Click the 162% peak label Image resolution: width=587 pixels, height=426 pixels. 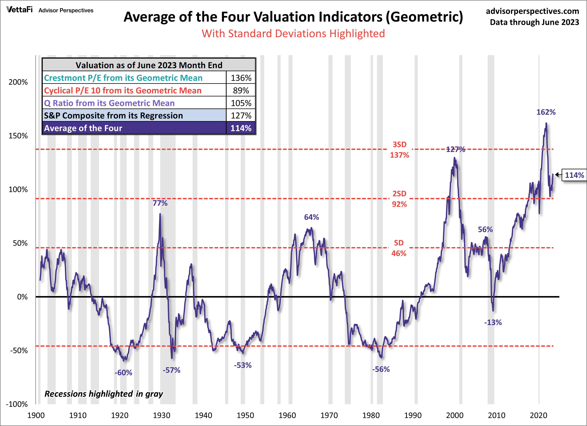pos(546,112)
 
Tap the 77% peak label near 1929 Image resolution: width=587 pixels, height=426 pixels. pos(160,203)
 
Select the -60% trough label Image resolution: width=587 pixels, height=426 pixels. pos(123,373)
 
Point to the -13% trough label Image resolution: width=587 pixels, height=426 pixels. pos(493,322)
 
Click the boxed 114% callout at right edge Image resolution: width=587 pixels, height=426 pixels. pos(574,175)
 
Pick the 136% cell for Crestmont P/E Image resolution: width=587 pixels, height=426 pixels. pos(241,78)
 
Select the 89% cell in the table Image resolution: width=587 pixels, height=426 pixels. pos(241,91)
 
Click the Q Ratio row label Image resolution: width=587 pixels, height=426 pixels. pos(109,103)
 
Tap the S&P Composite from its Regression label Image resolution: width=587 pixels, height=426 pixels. pos(113,115)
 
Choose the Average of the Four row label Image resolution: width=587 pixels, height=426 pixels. pos(83,128)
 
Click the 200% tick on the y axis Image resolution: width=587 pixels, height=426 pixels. pos(18,82)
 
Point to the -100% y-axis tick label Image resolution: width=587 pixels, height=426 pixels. pos(17,404)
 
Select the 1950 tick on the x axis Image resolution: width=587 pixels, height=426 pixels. pos(245,415)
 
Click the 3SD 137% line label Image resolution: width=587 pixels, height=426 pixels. pos(399,150)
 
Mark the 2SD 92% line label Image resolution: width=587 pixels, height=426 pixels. pos(399,199)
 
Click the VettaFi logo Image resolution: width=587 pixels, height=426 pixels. pos(19,10)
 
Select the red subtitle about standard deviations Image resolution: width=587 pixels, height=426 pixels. pos(293,34)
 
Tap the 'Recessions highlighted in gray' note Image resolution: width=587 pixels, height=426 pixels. pos(104,394)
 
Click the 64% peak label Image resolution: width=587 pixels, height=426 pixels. pos(311,217)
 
